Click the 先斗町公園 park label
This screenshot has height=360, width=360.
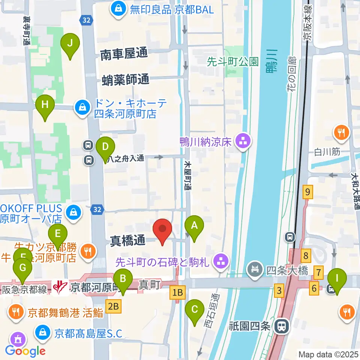pyautogui.click(x=232, y=61)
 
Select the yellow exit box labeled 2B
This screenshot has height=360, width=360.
pyautogui.click(x=114, y=307)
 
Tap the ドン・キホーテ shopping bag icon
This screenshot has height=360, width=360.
pyautogui.click(x=81, y=108)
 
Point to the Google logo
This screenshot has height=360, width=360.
pyautogui.click(x=25, y=351)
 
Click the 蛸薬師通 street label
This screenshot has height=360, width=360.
pyautogui.click(x=126, y=79)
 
